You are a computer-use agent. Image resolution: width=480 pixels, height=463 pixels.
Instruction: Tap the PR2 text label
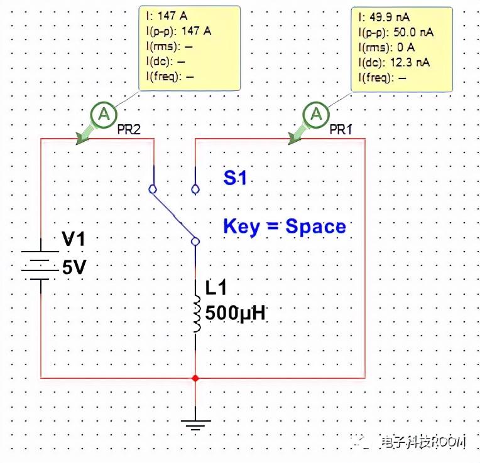[x=128, y=129]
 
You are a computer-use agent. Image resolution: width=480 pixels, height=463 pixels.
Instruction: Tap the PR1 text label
[x=341, y=129]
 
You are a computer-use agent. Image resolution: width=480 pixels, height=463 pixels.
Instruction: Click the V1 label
[x=74, y=239]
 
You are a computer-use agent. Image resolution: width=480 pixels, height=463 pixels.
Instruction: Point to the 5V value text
[x=73, y=268]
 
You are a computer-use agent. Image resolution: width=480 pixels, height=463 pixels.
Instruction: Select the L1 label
[x=217, y=289]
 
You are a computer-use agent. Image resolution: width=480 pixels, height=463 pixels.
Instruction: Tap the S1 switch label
[x=235, y=178]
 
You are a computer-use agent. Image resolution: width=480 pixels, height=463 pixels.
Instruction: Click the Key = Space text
[x=284, y=226]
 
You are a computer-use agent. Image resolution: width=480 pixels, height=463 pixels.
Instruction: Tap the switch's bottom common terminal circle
[x=195, y=241]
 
